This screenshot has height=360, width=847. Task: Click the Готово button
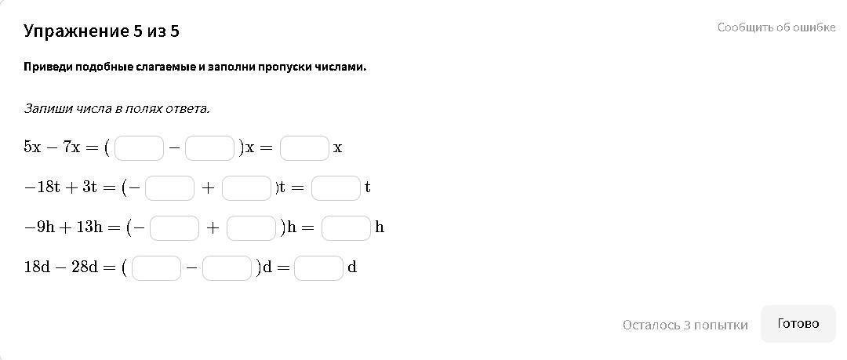tap(798, 323)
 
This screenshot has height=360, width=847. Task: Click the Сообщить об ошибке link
tap(776, 27)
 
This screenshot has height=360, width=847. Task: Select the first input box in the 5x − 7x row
tap(139, 147)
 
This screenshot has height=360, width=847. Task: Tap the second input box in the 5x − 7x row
tap(209, 147)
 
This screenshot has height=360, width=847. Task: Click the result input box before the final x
tap(304, 147)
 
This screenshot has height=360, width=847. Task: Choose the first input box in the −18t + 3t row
tap(169, 187)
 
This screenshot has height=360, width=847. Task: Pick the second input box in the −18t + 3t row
tap(246, 187)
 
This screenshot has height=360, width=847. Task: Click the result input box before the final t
tap(336, 187)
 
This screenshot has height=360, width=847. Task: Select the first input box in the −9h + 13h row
tap(174, 227)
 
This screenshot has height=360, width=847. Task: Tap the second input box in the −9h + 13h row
tap(251, 227)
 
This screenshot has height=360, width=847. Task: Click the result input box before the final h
tap(346, 227)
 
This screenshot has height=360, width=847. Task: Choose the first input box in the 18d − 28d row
tap(156, 267)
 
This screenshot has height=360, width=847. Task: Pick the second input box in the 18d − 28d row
tap(227, 267)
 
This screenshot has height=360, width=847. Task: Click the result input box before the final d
tap(318, 267)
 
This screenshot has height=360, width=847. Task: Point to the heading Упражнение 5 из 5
tap(102, 31)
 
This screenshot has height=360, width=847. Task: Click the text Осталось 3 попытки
tap(685, 325)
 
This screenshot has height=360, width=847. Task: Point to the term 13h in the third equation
tap(88, 227)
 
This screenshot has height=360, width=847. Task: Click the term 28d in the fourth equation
tap(84, 267)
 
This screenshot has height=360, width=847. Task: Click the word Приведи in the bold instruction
tap(49, 67)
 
